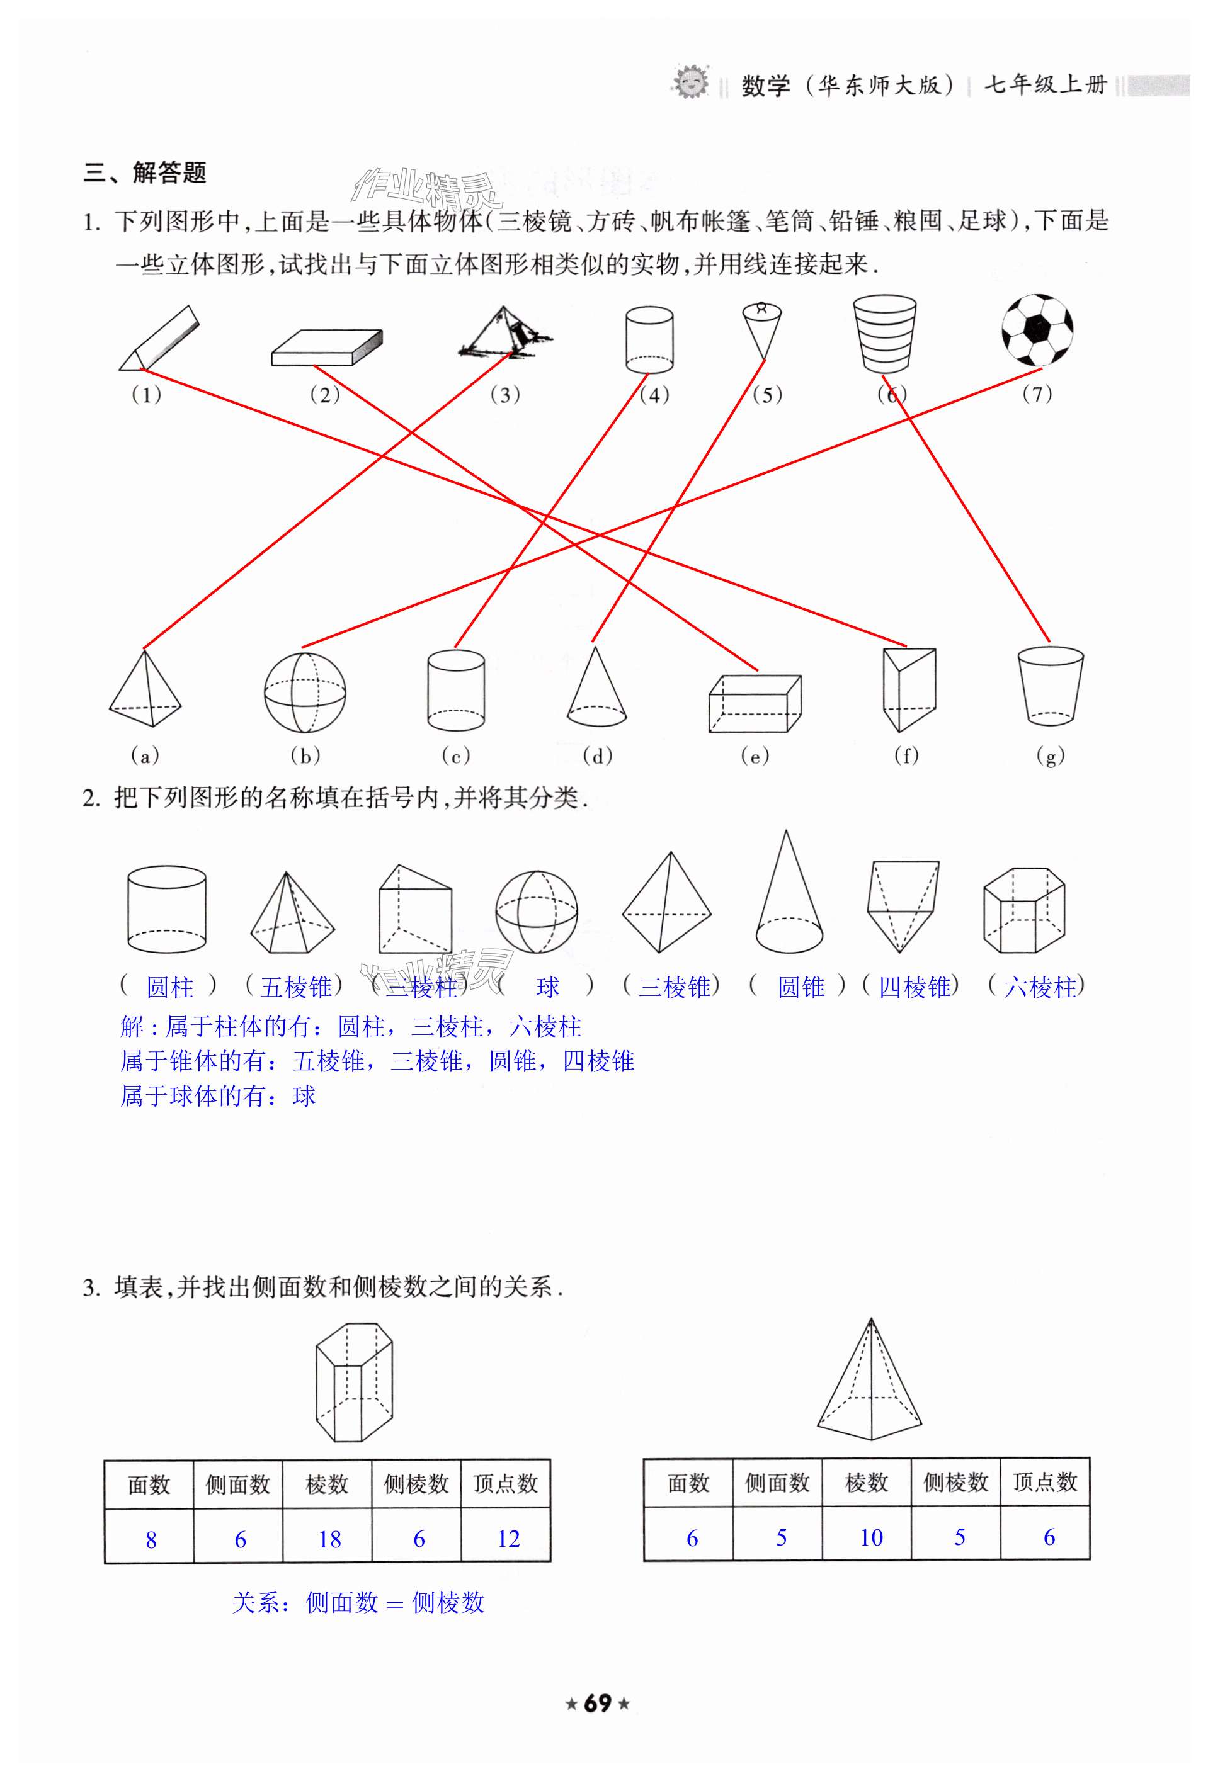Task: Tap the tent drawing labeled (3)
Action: click(x=504, y=334)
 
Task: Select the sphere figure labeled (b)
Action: click(x=304, y=692)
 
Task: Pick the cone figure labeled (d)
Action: click(x=596, y=687)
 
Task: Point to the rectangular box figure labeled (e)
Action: click(x=755, y=703)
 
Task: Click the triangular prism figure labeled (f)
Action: click(x=908, y=690)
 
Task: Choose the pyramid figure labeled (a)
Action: click(x=145, y=690)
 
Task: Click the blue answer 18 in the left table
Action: click(x=329, y=1540)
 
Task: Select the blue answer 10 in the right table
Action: click(x=871, y=1537)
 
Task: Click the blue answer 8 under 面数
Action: click(x=151, y=1540)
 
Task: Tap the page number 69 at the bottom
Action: click(x=597, y=1724)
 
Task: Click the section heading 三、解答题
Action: click(x=145, y=172)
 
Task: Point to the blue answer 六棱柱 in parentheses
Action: click(x=1039, y=987)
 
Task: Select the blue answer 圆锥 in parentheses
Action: click(x=801, y=987)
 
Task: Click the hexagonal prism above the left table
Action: click(x=353, y=1382)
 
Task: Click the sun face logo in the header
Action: click(x=691, y=81)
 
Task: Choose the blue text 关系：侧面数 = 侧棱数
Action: click(x=358, y=1602)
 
